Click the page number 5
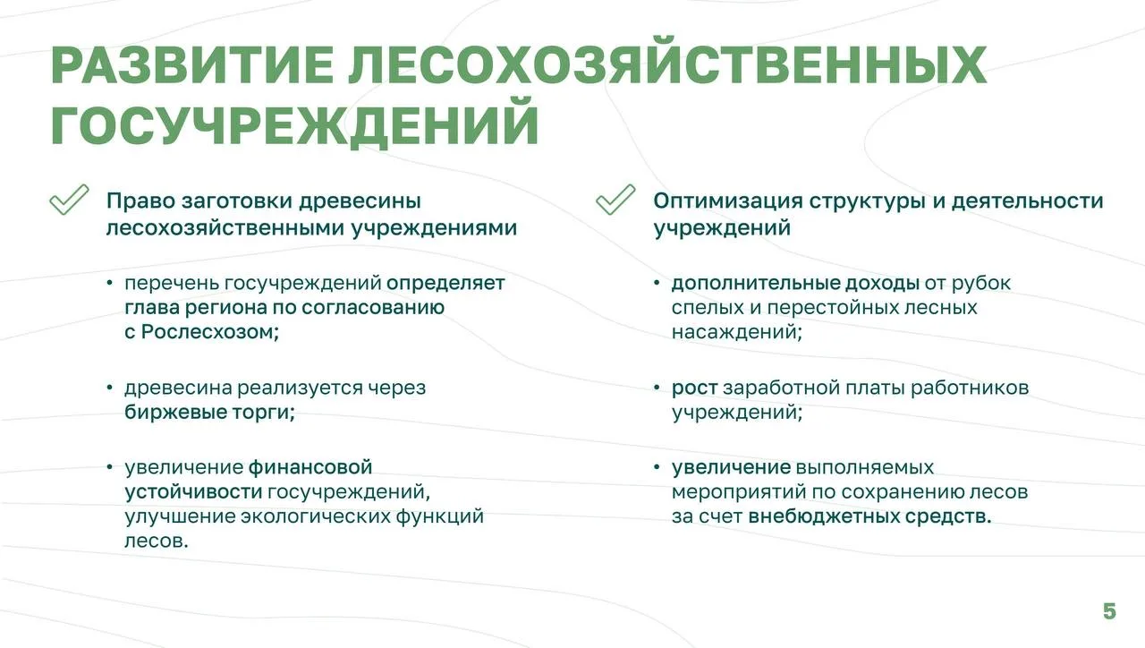point(1109,611)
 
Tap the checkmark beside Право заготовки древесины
point(69,200)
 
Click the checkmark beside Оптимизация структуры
point(615,200)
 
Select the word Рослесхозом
point(209,332)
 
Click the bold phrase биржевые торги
point(209,413)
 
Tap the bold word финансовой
point(310,467)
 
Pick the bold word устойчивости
point(193,492)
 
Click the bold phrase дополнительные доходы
point(795,284)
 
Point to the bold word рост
point(695,388)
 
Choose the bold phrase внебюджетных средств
point(869,516)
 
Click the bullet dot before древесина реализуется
point(109,388)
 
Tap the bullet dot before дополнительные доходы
point(657,282)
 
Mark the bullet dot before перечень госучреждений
point(109,282)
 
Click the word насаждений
point(736,332)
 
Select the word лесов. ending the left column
point(157,541)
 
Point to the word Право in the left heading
point(140,201)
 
